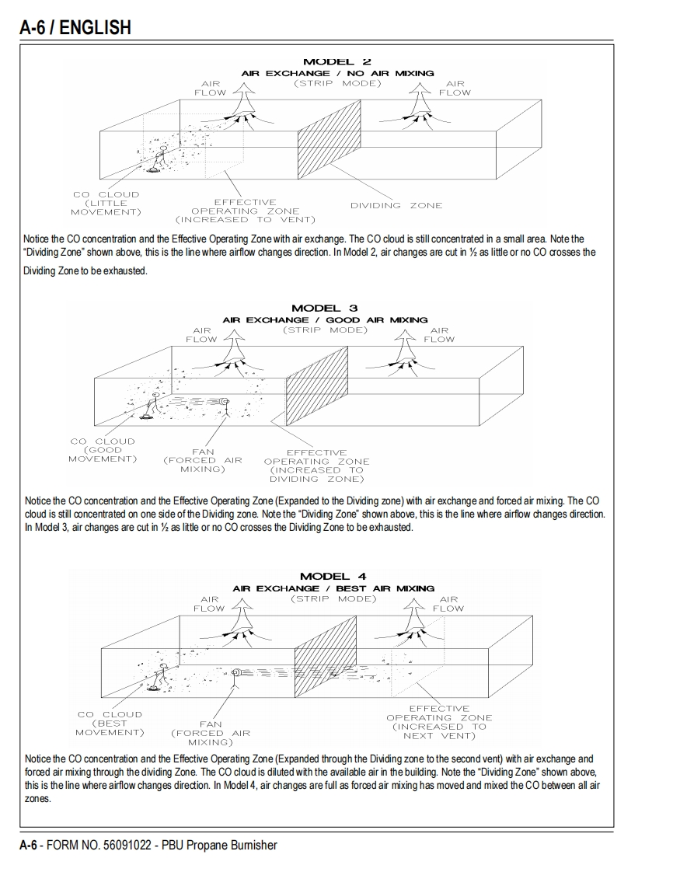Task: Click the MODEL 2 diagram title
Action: click(336, 61)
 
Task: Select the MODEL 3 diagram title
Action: click(324, 309)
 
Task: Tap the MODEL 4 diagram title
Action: click(333, 577)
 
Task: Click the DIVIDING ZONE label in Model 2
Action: click(396, 206)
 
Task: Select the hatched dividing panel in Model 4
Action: click(318, 657)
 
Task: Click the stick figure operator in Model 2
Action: click(162, 155)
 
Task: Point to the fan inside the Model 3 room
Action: click(224, 402)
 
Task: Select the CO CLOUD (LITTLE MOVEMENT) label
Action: click(106, 203)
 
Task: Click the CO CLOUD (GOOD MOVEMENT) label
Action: click(103, 450)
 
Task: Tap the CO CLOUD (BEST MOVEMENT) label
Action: click(110, 724)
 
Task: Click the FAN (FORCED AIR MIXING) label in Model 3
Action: click(202, 460)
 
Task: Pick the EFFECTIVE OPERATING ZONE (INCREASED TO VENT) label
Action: click(245, 211)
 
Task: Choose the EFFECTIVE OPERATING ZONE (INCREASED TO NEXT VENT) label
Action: click(439, 722)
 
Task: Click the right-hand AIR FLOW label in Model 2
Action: click(455, 88)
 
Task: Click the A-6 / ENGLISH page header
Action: click(75, 28)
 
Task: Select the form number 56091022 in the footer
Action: click(128, 845)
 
